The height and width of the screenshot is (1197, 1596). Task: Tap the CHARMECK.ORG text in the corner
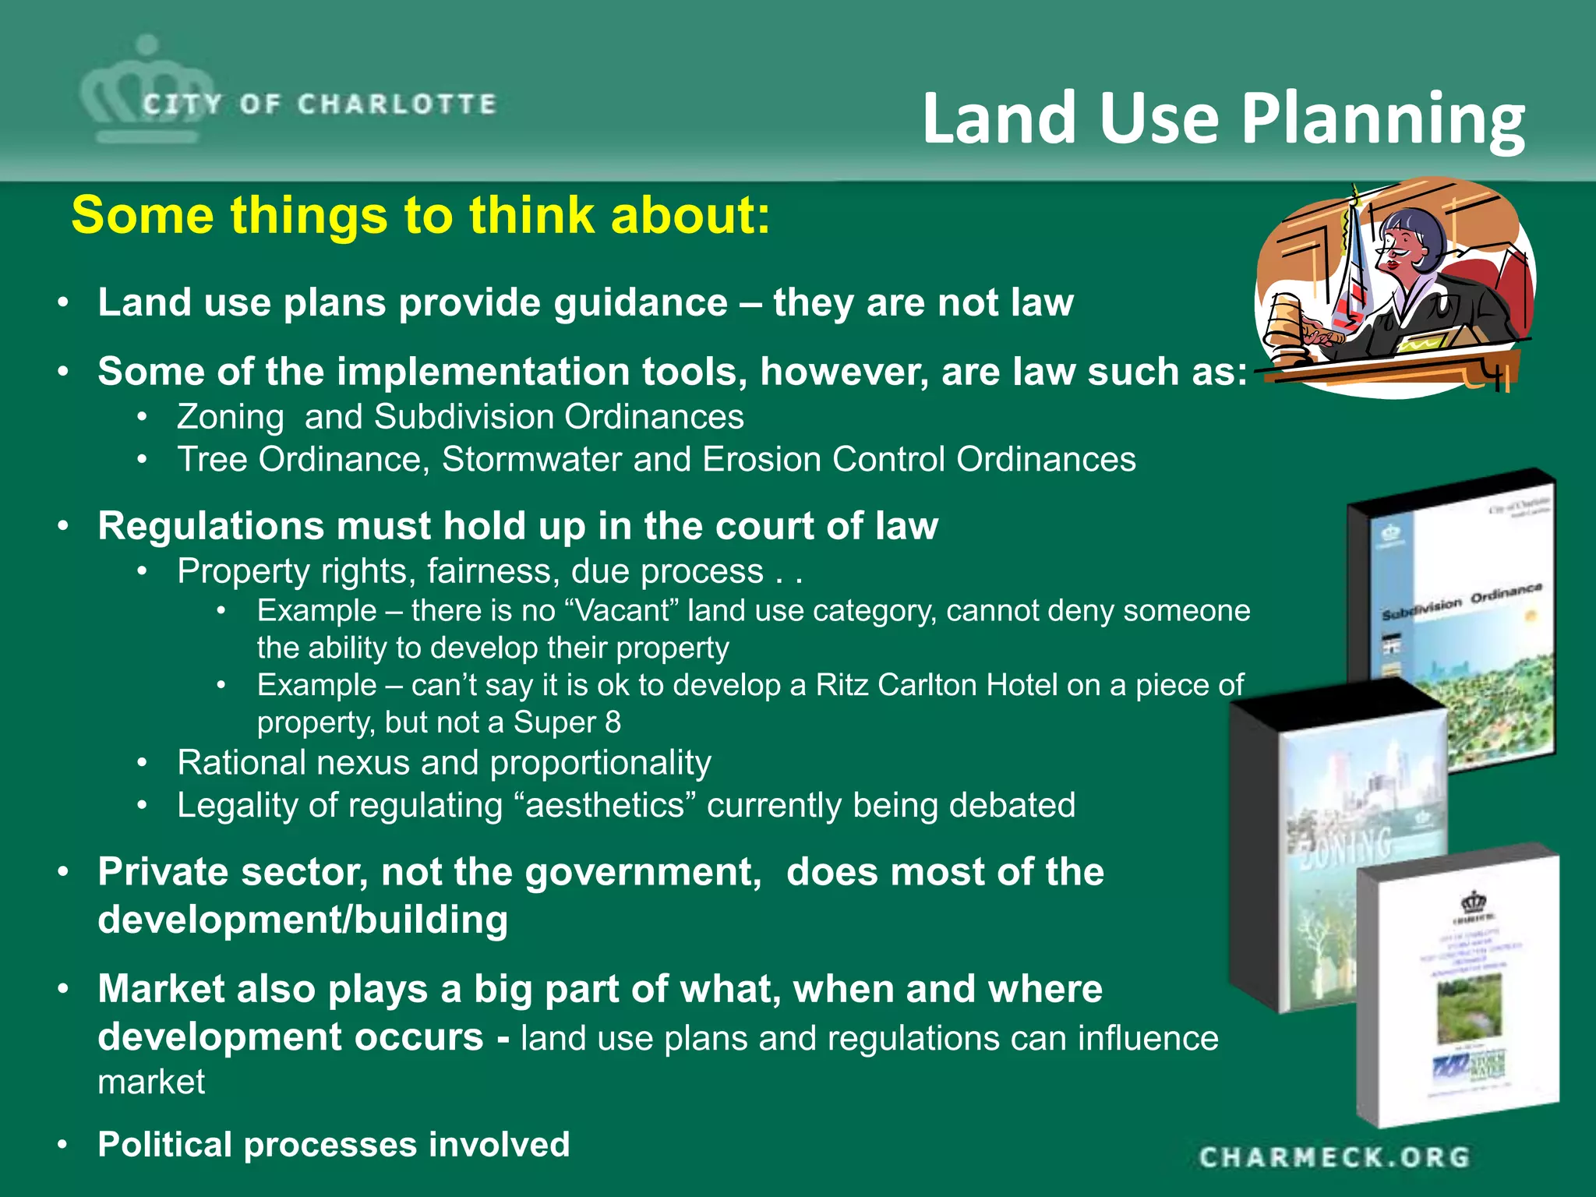(x=1334, y=1157)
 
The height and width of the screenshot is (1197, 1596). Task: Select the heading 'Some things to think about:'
(x=421, y=215)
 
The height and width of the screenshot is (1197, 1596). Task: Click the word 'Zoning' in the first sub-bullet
(x=230, y=417)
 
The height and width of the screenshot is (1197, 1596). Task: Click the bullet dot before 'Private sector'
(x=64, y=871)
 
